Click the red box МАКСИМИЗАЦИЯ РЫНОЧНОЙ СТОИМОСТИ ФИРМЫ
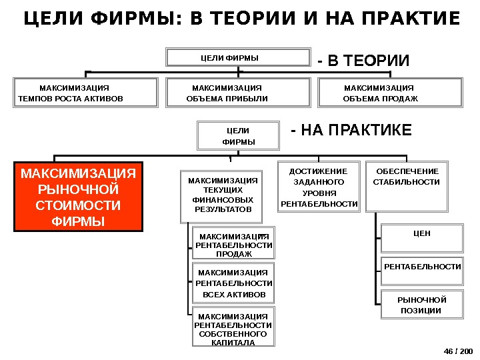pyautogui.click(x=79, y=196)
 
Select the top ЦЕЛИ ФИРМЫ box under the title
pyautogui.click(x=239, y=57)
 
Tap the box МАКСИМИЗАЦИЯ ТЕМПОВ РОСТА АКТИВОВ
pyautogui.click(x=85, y=93)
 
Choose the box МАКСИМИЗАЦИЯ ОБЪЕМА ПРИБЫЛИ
pyautogui.click(x=238, y=93)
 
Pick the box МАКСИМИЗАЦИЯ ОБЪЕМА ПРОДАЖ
pyautogui.click(x=391, y=93)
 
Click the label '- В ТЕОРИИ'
pyautogui.click(x=363, y=61)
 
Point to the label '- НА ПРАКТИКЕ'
pyautogui.click(x=352, y=129)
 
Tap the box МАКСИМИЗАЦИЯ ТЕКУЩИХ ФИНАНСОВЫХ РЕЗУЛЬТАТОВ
pyautogui.click(x=223, y=195)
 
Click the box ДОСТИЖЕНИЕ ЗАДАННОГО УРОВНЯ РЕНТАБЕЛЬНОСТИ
pyautogui.click(x=319, y=187)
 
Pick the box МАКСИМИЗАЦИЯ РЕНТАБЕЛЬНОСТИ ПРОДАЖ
pyautogui.click(x=234, y=245)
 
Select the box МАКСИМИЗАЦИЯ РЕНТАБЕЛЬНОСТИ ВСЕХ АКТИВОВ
pyautogui.click(x=233, y=283)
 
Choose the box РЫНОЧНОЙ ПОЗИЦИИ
pyautogui.click(x=422, y=305)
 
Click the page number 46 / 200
pyautogui.click(x=457, y=350)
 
